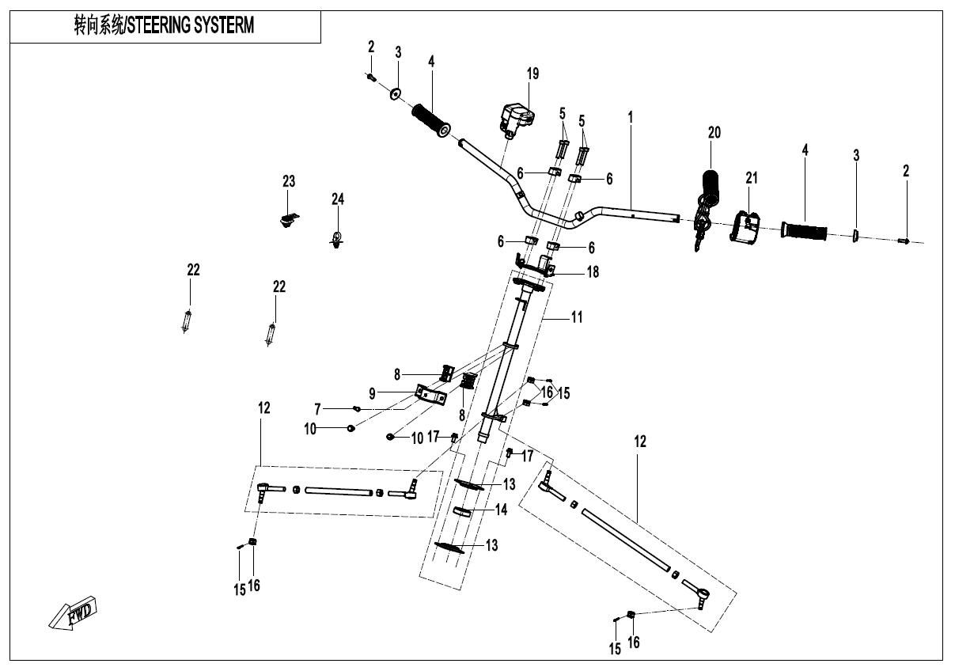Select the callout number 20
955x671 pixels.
tap(714, 133)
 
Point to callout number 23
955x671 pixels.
tap(289, 182)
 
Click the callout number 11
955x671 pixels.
tap(577, 317)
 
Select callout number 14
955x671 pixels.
tap(501, 510)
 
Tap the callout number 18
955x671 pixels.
tap(592, 272)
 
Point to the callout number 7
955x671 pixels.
tap(317, 409)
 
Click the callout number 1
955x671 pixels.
tap(631, 116)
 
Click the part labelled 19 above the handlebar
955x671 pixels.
tap(515, 117)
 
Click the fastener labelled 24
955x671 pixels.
tap(338, 238)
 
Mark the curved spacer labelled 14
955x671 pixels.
tap(466, 511)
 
